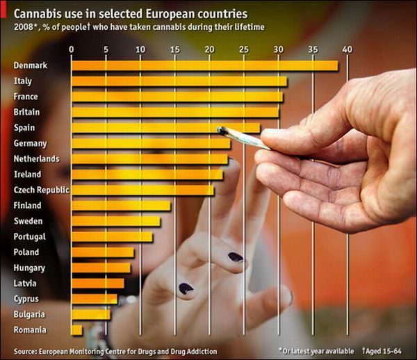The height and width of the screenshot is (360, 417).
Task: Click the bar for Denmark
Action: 204,66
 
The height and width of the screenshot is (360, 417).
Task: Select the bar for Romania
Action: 76,329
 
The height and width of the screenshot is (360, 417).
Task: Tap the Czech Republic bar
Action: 142,190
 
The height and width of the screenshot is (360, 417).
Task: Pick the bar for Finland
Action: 121,206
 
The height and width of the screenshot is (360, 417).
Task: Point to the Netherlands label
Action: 36,159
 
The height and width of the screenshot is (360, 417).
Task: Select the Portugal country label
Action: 29,237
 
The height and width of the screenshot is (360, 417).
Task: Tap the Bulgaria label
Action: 29,314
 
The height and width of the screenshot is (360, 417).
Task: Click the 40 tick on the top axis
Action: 347,49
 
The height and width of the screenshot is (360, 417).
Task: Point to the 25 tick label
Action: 244,49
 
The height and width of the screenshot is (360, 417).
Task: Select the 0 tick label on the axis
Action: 72,49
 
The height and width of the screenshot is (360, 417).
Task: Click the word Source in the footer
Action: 26,352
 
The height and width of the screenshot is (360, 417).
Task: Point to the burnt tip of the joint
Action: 222,129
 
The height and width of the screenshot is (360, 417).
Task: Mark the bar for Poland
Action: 103,252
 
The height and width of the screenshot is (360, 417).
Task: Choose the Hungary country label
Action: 29,268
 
